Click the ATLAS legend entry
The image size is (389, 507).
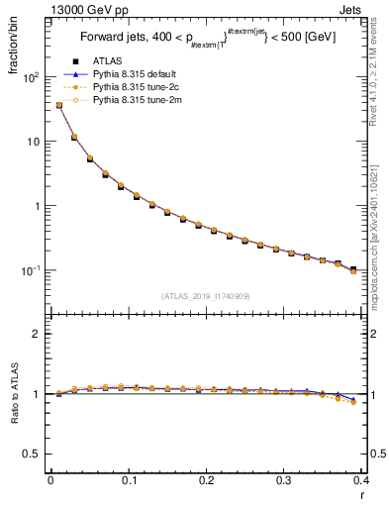coord(110,62)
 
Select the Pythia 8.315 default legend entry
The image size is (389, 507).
coord(138,74)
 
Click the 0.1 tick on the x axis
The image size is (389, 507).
coord(129,481)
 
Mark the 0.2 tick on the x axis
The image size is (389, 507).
coord(207,481)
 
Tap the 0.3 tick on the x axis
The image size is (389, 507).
coord(285,481)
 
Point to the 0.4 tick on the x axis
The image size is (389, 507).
coord(362,481)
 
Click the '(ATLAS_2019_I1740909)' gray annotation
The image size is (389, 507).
coord(205,295)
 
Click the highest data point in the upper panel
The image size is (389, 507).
coord(58,105)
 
